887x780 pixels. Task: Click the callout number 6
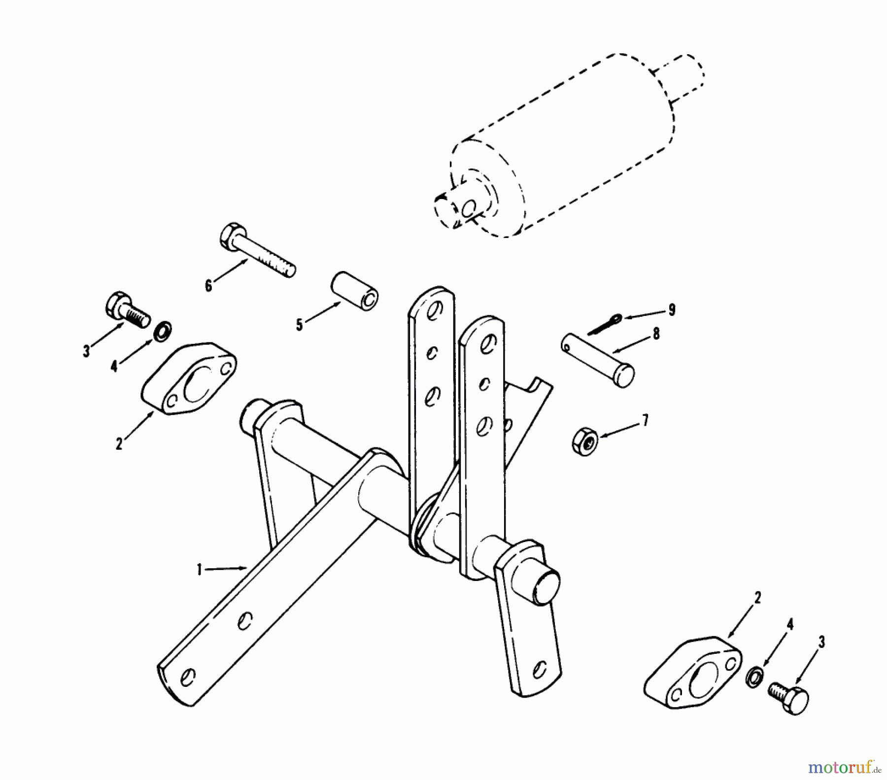tap(208, 286)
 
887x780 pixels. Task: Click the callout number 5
tap(299, 326)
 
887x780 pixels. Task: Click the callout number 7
tap(645, 420)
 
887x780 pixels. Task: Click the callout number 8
tap(655, 335)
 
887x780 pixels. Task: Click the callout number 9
tap(672, 310)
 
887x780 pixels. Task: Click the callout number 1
tap(200, 570)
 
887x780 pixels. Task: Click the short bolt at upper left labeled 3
tap(126, 310)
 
